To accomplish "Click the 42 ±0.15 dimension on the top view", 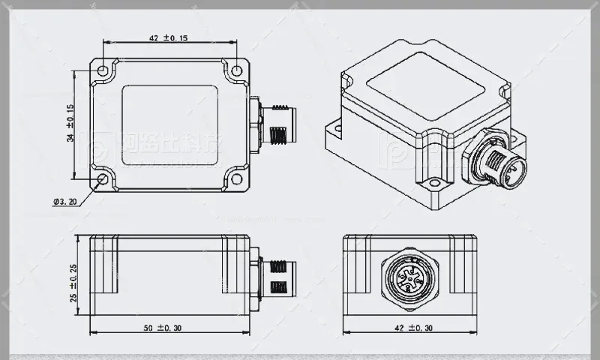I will (x=168, y=37).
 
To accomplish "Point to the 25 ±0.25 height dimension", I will (x=73, y=277).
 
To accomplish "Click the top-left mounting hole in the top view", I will (x=103, y=70).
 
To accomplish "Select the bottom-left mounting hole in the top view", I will (x=103, y=180).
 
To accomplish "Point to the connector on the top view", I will (x=275, y=125).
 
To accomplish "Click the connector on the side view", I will (x=275, y=277).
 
